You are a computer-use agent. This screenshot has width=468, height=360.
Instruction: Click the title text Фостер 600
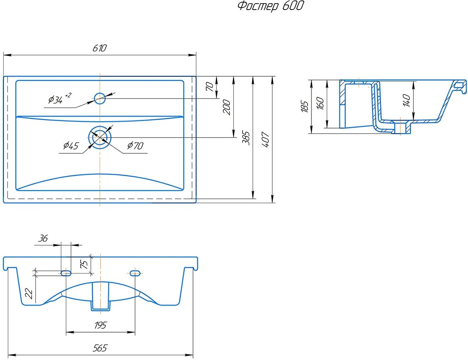click(x=271, y=6)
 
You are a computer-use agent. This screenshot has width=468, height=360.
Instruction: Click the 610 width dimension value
click(x=99, y=48)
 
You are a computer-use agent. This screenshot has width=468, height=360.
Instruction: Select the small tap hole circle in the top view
click(x=100, y=98)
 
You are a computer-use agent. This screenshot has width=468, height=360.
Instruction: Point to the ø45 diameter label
click(x=71, y=145)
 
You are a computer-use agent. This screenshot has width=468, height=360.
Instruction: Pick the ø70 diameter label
click(x=135, y=145)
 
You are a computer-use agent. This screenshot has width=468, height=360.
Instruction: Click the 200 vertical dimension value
click(x=227, y=107)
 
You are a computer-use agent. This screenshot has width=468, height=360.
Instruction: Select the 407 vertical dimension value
click(x=266, y=139)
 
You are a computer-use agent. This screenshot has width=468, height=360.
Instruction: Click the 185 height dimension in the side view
click(x=305, y=107)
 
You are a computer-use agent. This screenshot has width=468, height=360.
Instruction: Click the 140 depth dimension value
click(x=407, y=100)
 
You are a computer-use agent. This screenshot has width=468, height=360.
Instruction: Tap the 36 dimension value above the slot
click(x=43, y=238)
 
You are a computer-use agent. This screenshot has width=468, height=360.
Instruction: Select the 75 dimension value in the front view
click(x=84, y=264)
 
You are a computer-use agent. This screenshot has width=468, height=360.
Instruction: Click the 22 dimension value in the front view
click(x=29, y=293)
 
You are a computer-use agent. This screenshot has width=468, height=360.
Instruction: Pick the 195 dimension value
click(x=100, y=325)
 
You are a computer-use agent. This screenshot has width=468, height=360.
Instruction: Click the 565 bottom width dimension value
click(x=100, y=348)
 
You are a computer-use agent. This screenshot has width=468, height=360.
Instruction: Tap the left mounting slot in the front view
click(x=66, y=272)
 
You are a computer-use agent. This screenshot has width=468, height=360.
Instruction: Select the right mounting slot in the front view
click(x=135, y=272)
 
